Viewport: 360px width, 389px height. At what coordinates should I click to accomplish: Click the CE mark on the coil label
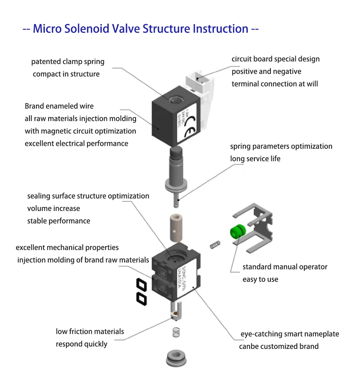click(x=189, y=126)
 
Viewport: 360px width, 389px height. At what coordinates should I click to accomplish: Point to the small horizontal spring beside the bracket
click(x=215, y=245)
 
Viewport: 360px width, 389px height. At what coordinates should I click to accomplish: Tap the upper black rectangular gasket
click(x=141, y=286)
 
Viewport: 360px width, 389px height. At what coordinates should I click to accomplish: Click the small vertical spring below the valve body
click(x=176, y=332)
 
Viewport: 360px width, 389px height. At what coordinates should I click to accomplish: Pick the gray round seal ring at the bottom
click(x=176, y=358)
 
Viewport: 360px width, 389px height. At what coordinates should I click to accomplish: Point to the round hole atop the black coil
click(x=176, y=99)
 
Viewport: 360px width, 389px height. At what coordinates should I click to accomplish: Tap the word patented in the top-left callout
click(x=43, y=61)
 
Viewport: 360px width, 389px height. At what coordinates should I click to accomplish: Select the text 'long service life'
click(x=255, y=159)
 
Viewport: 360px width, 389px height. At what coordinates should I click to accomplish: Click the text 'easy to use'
click(x=260, y=279)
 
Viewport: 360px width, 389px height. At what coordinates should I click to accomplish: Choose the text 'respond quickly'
click(x=81, y=344)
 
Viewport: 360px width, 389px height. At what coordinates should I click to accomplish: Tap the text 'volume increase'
click(x=53, y=208)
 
